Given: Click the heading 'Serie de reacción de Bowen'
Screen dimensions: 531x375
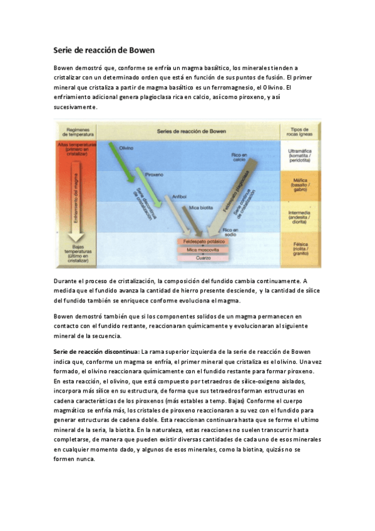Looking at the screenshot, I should pos(103,49).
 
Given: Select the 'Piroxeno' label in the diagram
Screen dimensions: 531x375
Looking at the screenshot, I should pos(154,175).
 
